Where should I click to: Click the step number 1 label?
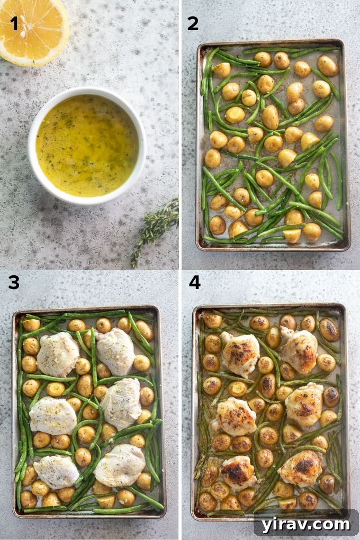tap(14, 23)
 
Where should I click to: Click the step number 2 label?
tap(193, 23)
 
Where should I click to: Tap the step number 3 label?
tap(14, 283)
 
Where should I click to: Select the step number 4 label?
tap(194, 282)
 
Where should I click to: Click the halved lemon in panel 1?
tap(33, 29)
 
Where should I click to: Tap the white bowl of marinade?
tap(87, 145)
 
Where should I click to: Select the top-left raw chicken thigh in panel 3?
tap(58, 354)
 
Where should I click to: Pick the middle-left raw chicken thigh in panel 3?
tap(53, 416)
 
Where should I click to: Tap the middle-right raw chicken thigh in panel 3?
tap(121, 403)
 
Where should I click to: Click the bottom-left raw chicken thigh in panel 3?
tap(56, 471)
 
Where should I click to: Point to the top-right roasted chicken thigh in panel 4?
tap(299, 350)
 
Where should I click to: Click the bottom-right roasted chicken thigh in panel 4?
tap(301, 467)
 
